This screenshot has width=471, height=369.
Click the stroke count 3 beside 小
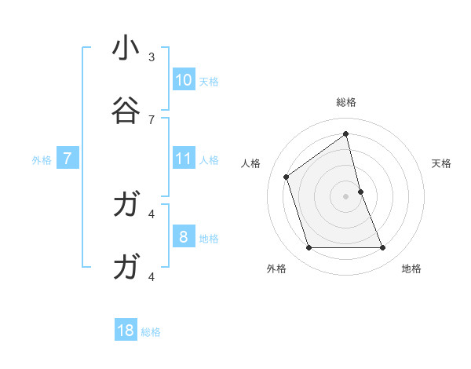(x=152, y=57)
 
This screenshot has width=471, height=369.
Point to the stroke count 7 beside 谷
(x=152, y=119)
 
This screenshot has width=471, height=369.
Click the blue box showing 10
(x=184, y=80)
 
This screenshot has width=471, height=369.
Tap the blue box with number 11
(x=184, y=159)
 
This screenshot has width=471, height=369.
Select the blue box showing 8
(x=184, y=237)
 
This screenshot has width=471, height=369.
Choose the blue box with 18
(x=126, y=331)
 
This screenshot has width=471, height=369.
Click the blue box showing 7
(x=68, y=159)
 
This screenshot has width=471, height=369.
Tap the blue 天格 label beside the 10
(x=209, y=82)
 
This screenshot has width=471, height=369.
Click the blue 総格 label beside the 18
(x=151, y=332)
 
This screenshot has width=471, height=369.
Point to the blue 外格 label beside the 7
(x=42, y=160)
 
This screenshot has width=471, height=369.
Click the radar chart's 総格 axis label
(x=346, y=102)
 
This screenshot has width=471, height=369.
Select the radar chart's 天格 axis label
(x=441, y=163)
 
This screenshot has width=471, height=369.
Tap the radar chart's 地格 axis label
(x=411, y=269)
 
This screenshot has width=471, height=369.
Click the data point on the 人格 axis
(x=287, y=177)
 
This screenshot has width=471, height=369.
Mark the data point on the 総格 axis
(x=346, y=133)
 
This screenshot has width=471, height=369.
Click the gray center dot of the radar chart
(x=346, y=196)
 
